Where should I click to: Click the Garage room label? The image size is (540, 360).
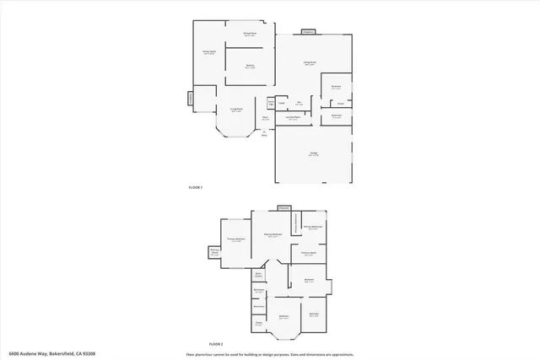pos(313,154)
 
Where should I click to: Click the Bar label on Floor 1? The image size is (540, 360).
pos(300,105)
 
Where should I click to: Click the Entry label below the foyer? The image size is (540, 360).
pos(264,133)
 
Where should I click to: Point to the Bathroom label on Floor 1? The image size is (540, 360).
pos(337,116)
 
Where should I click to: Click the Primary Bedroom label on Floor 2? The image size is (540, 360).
pos(236,239)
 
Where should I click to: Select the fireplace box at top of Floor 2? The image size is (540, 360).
pos(283,207)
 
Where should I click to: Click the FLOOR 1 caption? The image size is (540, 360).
pos(196,187)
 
